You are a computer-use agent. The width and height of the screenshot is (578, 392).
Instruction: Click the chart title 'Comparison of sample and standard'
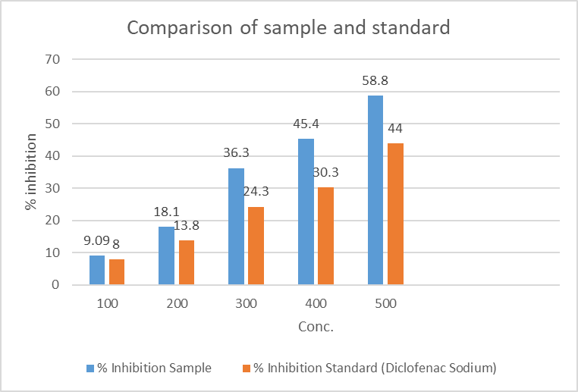[288, 28]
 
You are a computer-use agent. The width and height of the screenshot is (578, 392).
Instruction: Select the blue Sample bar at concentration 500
[375, 190]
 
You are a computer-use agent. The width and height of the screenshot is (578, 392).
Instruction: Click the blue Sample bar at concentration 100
[97, 270]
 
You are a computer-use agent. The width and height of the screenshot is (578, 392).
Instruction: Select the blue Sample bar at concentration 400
[306, 212]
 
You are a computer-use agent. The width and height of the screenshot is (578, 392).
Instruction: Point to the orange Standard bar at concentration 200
[186, 262]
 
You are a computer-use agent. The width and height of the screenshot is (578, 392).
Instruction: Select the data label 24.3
[256, 191]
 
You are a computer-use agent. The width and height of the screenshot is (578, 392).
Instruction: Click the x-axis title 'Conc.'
[316, 328]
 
